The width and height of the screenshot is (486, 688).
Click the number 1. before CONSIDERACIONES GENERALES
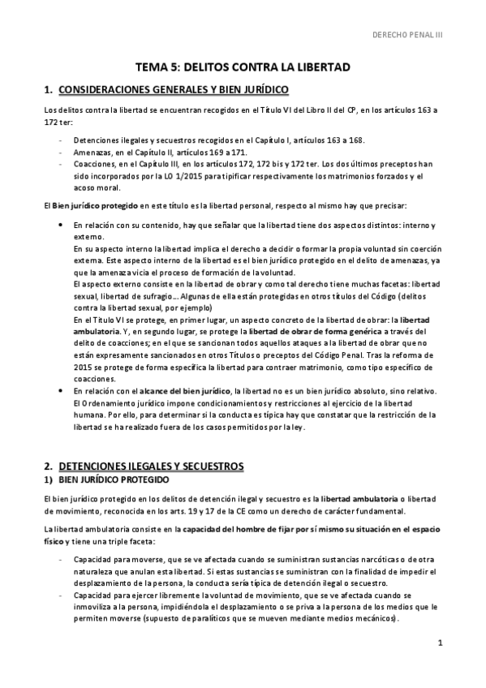click(48, 89)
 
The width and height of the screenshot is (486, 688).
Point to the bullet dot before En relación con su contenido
click(62, 224)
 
